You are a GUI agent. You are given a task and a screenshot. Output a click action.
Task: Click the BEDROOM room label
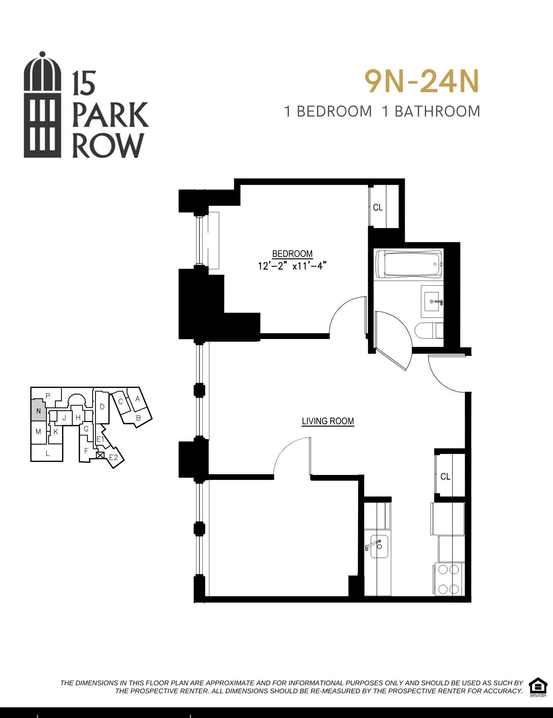click(x=292, y=254)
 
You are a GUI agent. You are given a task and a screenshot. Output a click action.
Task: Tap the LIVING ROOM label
click(x=328, y=421)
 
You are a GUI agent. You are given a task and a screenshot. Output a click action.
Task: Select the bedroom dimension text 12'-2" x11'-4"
click(x=292, y=266)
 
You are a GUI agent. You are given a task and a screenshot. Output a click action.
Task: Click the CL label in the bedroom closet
click(x=378, y=208)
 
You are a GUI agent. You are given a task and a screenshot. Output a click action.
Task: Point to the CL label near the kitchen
click(x=445, y=477)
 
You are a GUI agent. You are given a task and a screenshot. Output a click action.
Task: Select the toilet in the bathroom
click(x=429, y=331)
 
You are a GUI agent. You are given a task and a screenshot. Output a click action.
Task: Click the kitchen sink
click(x=379, y=547)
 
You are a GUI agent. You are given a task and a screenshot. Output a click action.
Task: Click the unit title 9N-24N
click(x=421, y=82)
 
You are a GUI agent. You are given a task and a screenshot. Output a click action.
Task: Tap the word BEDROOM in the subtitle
click(x=334, y=112)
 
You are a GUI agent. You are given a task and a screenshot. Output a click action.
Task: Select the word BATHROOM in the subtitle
click(x=437, y=112)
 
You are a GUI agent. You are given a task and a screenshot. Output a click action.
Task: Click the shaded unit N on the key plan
click(x=38, y=411)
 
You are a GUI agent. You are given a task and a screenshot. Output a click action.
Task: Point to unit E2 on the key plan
click(x=113, y=457)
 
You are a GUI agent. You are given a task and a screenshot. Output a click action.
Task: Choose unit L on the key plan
click(x=47, y=453)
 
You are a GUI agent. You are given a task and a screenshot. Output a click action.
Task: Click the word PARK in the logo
click(x=110, y=115)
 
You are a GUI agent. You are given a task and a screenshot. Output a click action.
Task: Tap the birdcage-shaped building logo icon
click(x=42, y=105)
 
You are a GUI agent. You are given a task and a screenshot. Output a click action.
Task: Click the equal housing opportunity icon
click(x=538, y=687)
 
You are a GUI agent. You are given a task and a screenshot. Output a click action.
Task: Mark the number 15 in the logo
click(x=84, y=84)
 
